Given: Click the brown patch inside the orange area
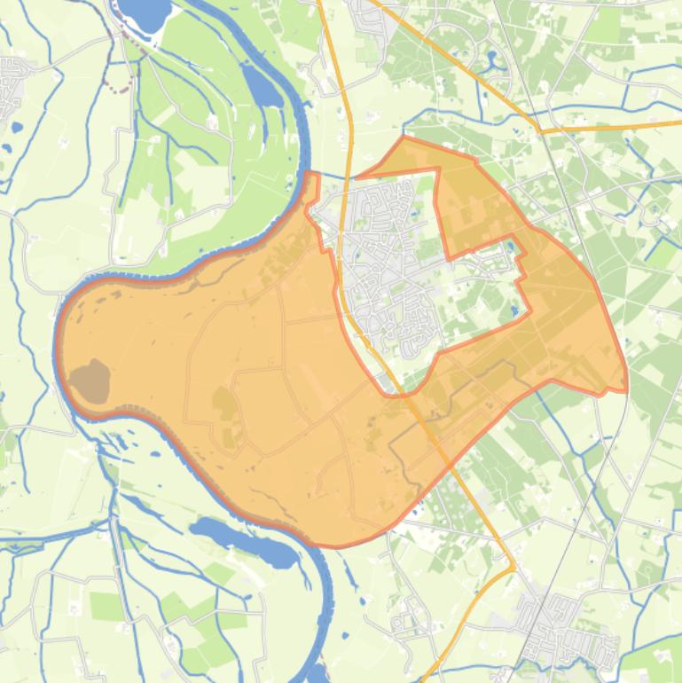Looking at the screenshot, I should [x=89, y=381].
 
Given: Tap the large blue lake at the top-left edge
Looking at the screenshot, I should [x=143, y=12].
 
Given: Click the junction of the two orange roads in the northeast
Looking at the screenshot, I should [x=538, y=131].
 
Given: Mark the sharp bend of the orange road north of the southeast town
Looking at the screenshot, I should [x=513, y=566].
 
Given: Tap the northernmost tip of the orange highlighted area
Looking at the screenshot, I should [x=404, y=137].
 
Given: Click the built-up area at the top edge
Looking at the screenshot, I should [x=368, y=12].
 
